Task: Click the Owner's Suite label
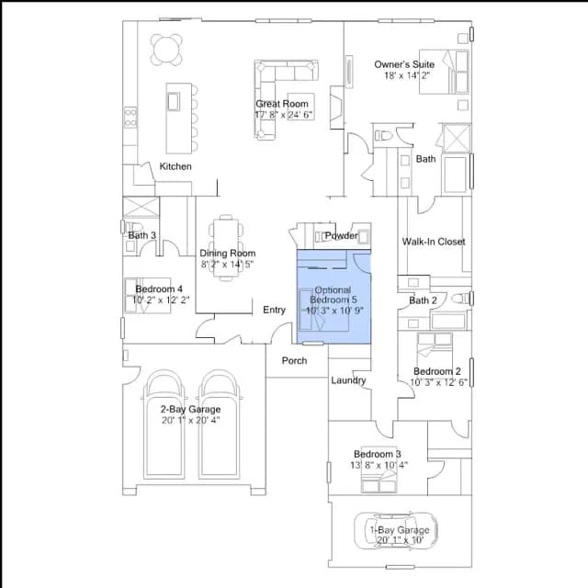pos(404,64)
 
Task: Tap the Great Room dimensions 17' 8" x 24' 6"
pos(284,114)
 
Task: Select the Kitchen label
pos(175,166)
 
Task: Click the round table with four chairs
pos(166,50)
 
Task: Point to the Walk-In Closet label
pos(434,242)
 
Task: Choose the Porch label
pos(294,360)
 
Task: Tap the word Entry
pos(274,310)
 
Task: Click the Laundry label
pos(348,380)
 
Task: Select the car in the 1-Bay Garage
pos(396,530)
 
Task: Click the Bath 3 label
pos(141,235)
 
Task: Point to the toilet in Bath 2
pos(460,299)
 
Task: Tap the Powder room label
pos(341,236)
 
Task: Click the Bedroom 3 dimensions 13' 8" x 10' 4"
pos(379,465)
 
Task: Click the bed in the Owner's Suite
pos(444,72)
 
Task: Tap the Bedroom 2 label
pos(437,371)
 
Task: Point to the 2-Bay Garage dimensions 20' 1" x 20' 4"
pos(191,420)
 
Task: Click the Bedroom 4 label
pos(159,289)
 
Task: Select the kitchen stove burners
pos(130,118)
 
